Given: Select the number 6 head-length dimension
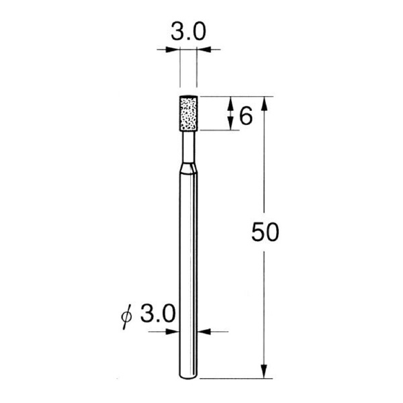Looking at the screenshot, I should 245,116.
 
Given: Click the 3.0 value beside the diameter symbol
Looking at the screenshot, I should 159,314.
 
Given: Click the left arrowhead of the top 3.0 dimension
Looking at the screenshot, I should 175,48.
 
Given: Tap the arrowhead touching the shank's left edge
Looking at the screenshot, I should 174,330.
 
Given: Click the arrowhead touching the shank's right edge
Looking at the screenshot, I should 204,330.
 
